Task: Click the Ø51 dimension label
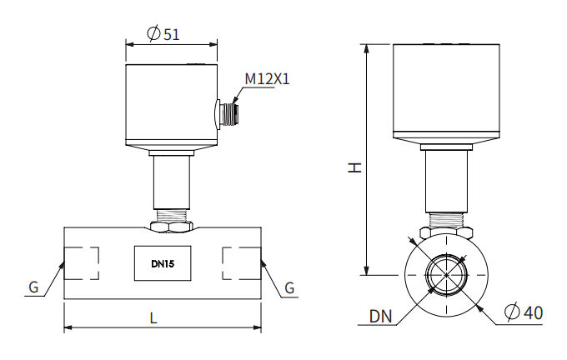click(x=163, y=34)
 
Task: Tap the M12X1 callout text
click(x=267, y=79)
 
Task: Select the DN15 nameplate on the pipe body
click(x=163, y=264)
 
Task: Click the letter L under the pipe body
click(x=153, y=317)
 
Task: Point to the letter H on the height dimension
click(x=355, y=167)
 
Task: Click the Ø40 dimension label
click(x=524, y=312)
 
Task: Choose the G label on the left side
click(x=33, y=287)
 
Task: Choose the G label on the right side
click(x=289, y=287)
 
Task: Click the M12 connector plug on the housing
click(x=227, y=113)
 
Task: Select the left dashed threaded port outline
click(x=83, y=264)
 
